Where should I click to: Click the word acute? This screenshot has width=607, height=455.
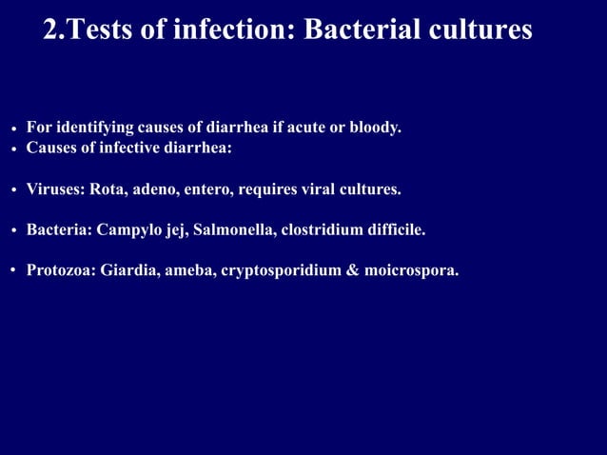pyautogui.click(x=294, y=127)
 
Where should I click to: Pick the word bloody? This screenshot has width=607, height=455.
pyautogui.click(x=374, y=127)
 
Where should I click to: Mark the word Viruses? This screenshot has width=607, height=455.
pyautogui.click(x=55, y=188)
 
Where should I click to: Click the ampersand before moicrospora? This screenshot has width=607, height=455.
pyautogui.click(x=353, y=270)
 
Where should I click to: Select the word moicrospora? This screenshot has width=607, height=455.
pyautogui.click(x=411, y=271)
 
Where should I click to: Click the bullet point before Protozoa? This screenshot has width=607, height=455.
pyautogui.click(x=14, y=271)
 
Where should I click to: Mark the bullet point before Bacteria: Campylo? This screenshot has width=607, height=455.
pyautogui.click(x=14, y=231)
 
